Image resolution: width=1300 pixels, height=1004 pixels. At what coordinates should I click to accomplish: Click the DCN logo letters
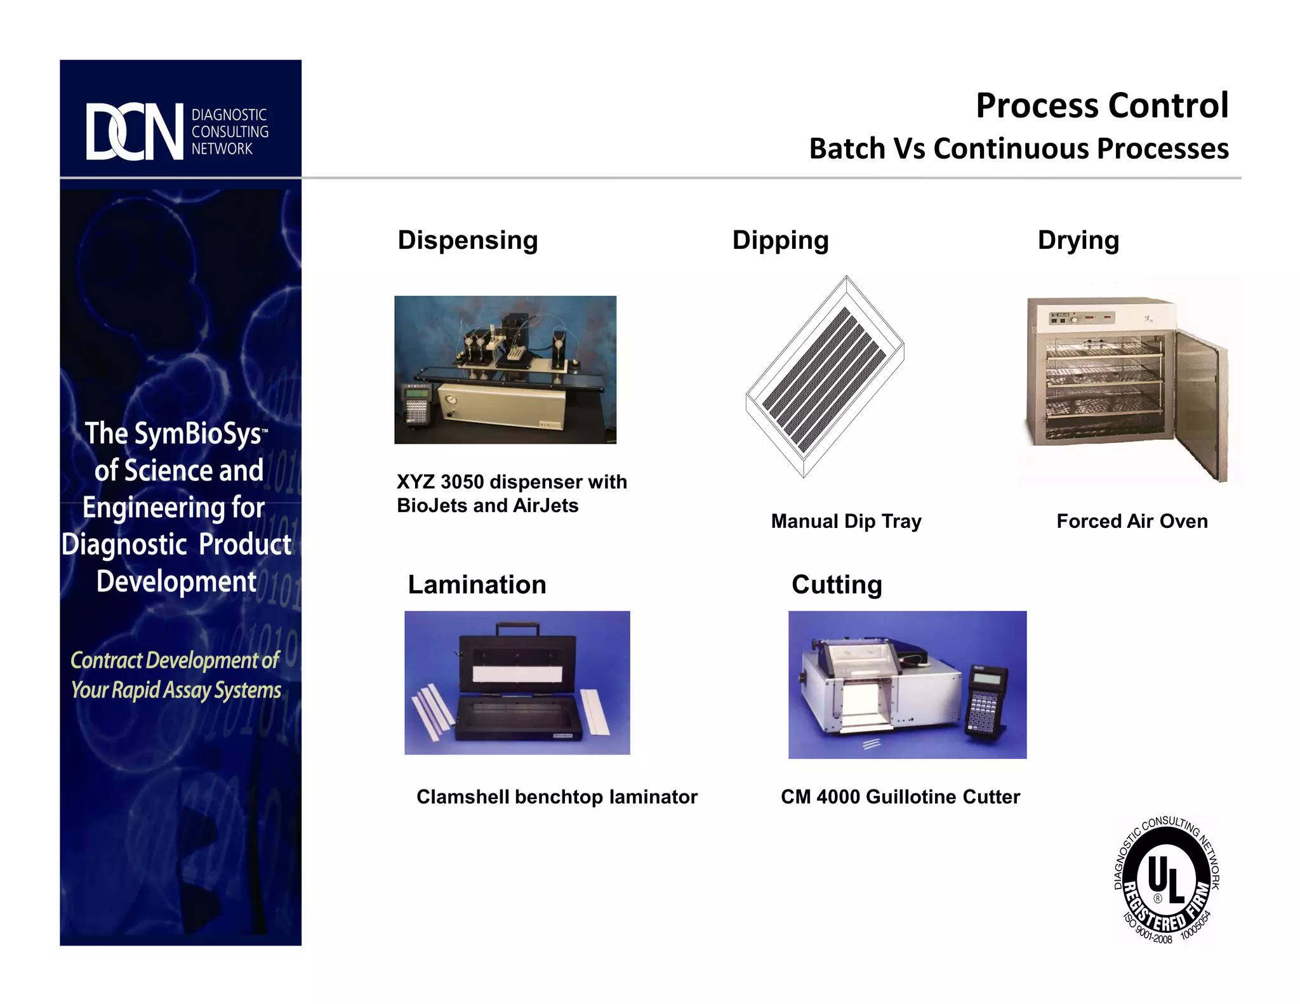(x=135, y=131)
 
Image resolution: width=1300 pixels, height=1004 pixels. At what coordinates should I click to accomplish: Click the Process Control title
(x=1101, y=105)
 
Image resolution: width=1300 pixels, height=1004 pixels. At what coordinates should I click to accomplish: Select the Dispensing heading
(x=467, y=241)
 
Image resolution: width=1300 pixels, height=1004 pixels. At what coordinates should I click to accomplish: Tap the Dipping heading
(x=780, y=241)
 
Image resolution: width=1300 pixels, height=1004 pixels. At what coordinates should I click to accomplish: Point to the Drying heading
(x=1078, y=241)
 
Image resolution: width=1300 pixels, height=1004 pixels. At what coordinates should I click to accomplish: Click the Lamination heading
(x=477, y=585)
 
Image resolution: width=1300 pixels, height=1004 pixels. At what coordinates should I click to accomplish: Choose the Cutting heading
(x=836, y=585)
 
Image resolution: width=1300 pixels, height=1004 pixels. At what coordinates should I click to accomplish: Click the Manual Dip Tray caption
(x=846, y=521)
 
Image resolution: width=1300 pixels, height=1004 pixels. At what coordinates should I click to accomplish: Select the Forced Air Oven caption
(x=1131, y=521)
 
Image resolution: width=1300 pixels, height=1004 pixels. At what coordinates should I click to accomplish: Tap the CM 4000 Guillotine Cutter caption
(x=899, y=796)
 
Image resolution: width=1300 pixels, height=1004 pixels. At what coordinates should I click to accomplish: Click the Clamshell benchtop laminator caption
(x=556, y=796)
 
